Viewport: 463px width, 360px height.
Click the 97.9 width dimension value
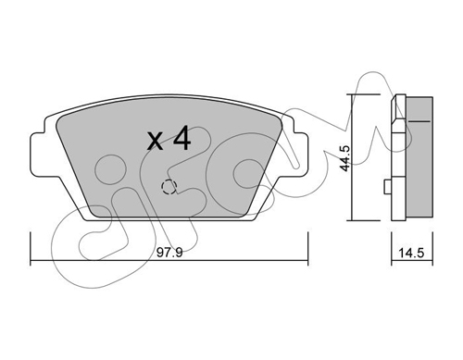(x=169, y=253)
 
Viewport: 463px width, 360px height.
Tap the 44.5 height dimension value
(x=345, y=158)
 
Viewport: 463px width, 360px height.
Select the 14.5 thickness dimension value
(x=411, y=254)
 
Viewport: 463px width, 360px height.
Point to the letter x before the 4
(x=156, y=142)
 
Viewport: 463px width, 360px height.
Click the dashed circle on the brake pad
(x=169, y=187)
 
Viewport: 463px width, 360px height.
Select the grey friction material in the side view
(x=419, y=159)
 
